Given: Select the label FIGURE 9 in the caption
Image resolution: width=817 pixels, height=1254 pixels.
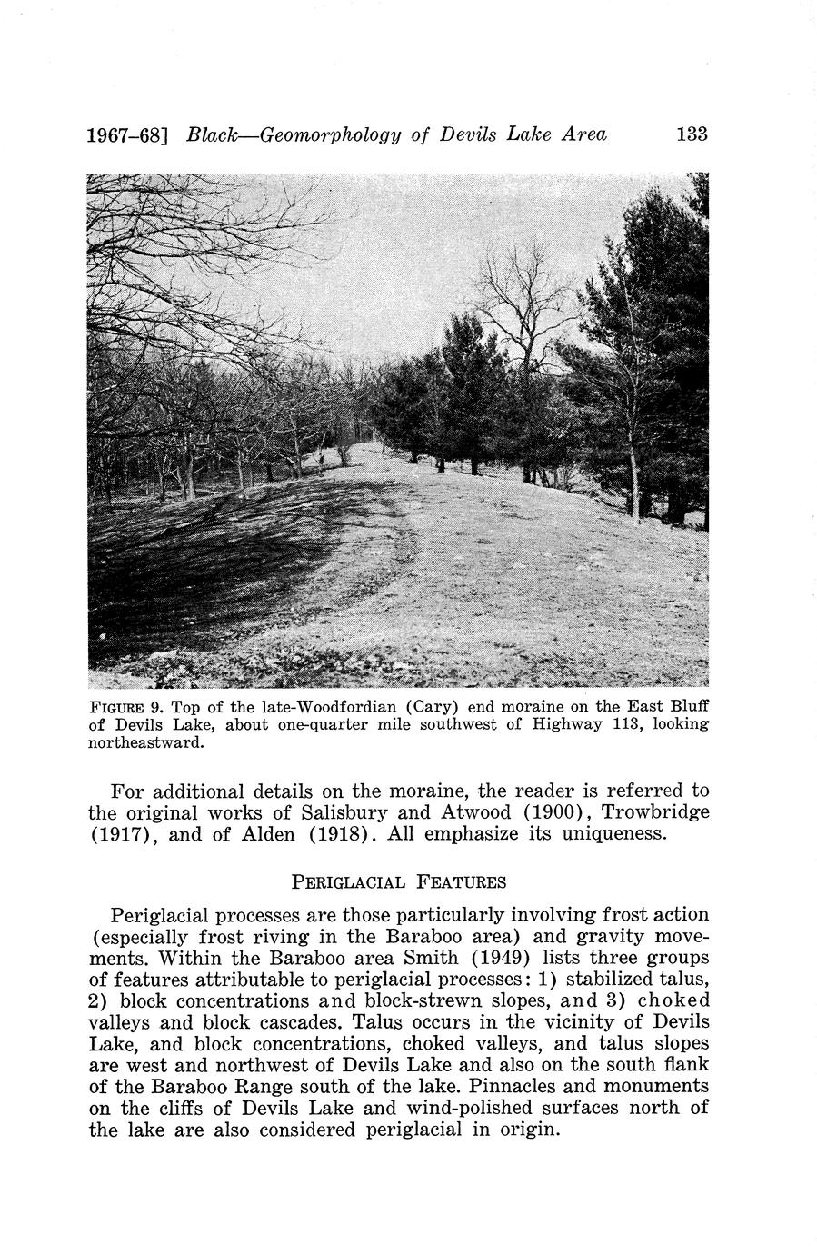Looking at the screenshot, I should [123, 707].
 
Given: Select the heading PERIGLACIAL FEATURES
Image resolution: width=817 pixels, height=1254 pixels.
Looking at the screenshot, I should [397, 881].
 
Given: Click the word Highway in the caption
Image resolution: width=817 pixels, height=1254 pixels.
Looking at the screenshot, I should [535, 725].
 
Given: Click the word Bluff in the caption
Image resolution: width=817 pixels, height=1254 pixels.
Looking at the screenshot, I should [689, 707].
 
